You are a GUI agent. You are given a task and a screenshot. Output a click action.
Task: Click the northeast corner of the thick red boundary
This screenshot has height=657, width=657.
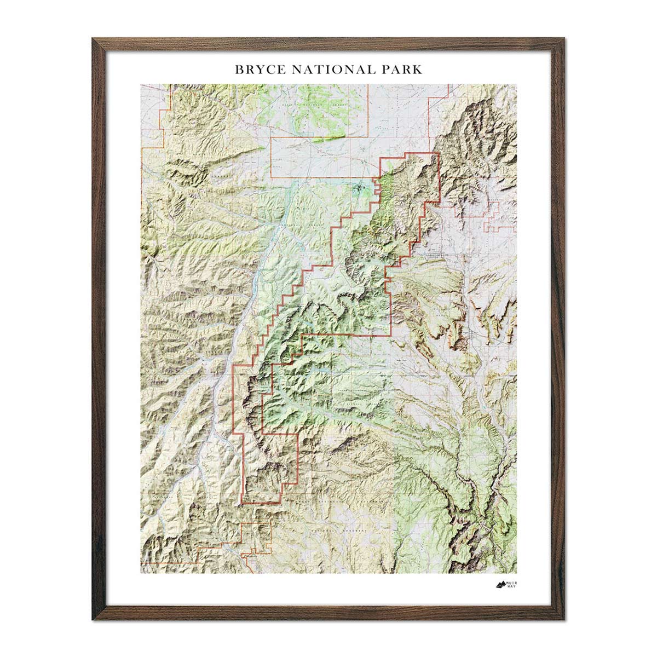coord(440,154)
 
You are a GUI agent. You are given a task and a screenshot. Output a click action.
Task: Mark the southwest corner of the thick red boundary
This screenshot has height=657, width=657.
coord(243,502)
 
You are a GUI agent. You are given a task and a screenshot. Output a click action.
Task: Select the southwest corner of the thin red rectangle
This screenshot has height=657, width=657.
coord(272,177)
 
